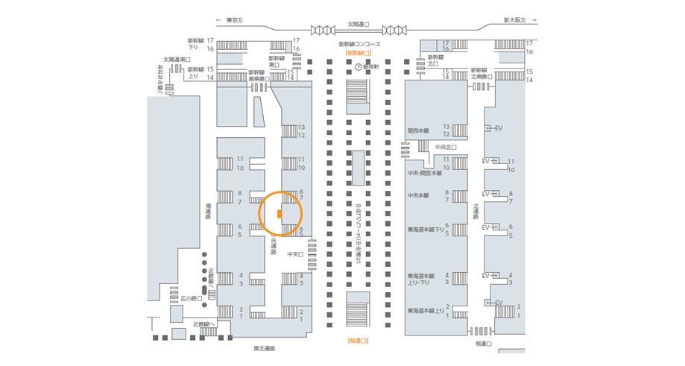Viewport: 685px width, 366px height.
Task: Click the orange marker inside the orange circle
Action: click(279, 214)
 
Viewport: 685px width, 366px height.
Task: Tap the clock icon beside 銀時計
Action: click(359, 66)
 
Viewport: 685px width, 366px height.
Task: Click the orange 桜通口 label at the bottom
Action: click(359, 341)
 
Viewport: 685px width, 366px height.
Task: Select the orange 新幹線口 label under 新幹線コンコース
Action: click(359, 54)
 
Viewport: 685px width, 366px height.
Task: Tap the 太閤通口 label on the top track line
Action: click(359, 25)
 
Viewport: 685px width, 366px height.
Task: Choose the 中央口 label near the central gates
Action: click(294, 254)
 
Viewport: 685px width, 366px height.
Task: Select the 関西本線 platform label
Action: click(419, 130)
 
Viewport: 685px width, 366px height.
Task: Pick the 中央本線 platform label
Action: click(418, 195)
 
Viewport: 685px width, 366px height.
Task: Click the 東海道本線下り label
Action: click(425, 229)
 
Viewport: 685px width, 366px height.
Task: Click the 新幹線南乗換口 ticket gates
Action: click(259, 87)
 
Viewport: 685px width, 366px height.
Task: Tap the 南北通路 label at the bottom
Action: click(264, 348)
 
